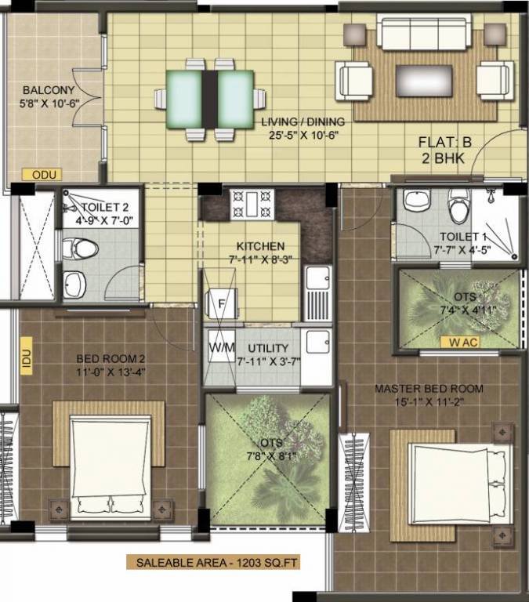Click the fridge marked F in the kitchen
pos(220,303)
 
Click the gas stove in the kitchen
pos(252,205)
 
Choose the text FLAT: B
pos(444,142)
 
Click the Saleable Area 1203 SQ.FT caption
pos(218,561)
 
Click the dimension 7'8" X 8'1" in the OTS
pos(267,456)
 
